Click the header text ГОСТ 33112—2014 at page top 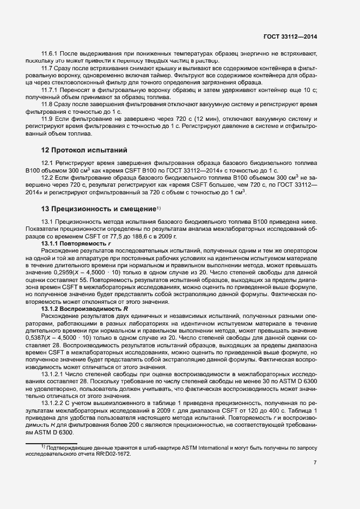coord(290,36)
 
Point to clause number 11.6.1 coord(51,53)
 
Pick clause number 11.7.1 coord(51,89)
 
